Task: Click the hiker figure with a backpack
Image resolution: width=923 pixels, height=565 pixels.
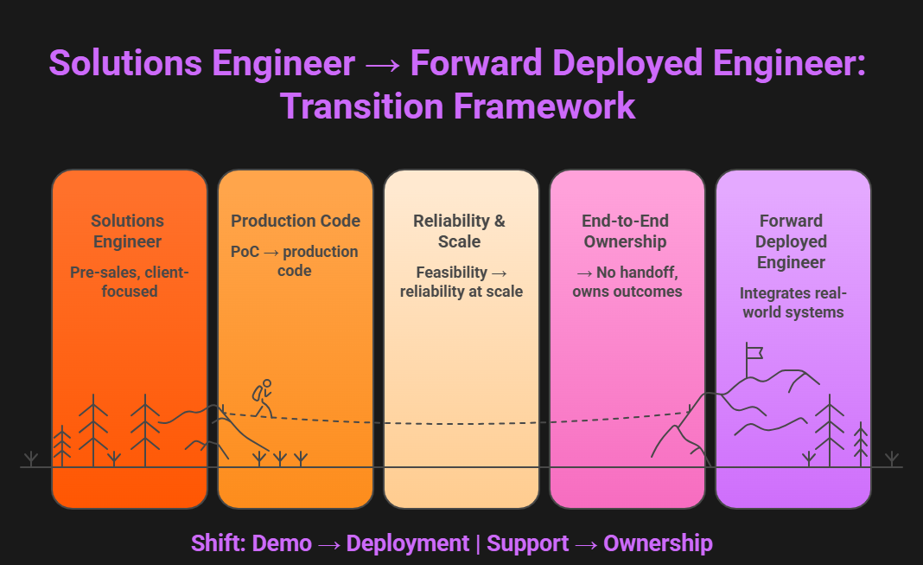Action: (x=263, y=397)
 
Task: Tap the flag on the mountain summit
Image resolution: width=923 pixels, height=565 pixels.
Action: (x=754, y=352)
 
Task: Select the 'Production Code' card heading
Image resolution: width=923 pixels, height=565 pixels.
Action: (x=296, y=221)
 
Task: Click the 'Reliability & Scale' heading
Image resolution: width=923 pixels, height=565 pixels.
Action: (x=460, y=231)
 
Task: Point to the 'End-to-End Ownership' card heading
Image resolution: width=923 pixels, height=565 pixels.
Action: (x=626, y=231)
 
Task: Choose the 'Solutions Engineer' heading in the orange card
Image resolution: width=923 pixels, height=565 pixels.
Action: (x=128, y=231)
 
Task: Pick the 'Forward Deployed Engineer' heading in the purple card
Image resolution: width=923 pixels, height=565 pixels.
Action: (x=792, y=241)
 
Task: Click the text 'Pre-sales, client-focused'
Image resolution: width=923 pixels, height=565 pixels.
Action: (x=129, y=282)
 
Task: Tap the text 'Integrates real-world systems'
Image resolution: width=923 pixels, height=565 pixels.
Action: (x=792, y=303)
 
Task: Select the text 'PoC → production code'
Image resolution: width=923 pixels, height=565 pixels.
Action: (x=294, y=261)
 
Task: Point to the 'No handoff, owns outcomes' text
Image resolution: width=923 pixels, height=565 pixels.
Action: (x=627, y=282)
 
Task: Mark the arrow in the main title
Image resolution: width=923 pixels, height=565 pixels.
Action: (x=382, y=65)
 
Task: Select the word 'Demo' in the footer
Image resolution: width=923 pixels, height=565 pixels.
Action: (x=282, y=543)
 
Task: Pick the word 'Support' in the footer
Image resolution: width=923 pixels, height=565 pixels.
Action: (x=527, y=543)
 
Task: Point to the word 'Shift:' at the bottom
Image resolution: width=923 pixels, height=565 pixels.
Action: (x=218, y=543)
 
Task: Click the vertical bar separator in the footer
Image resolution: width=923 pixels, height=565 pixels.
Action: (x=478, y=543)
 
